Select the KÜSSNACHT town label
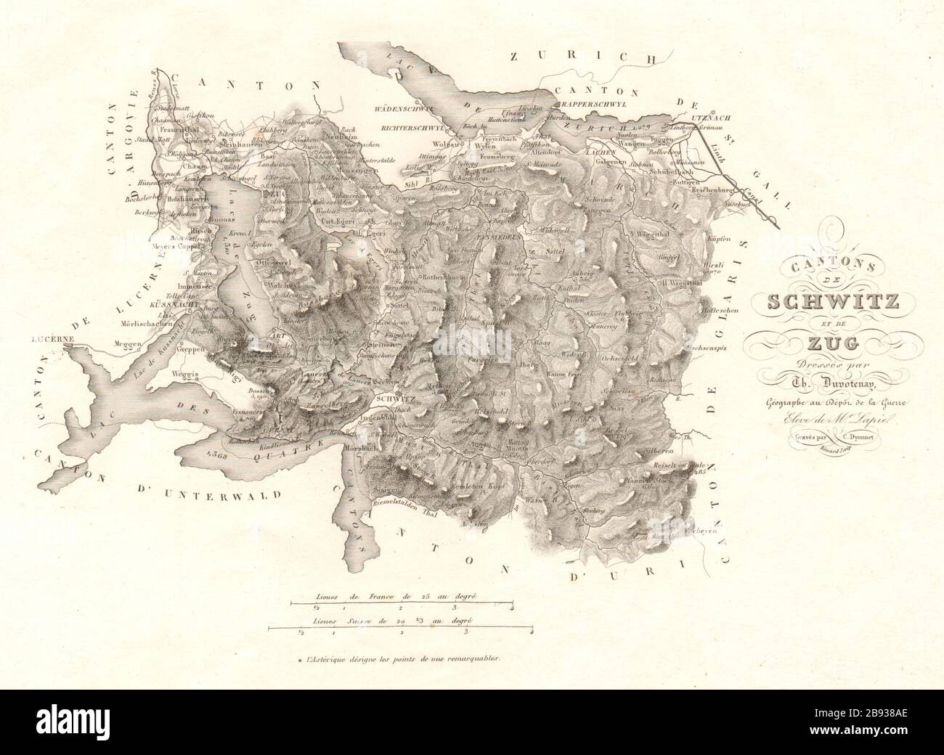(x=174, y=308)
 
